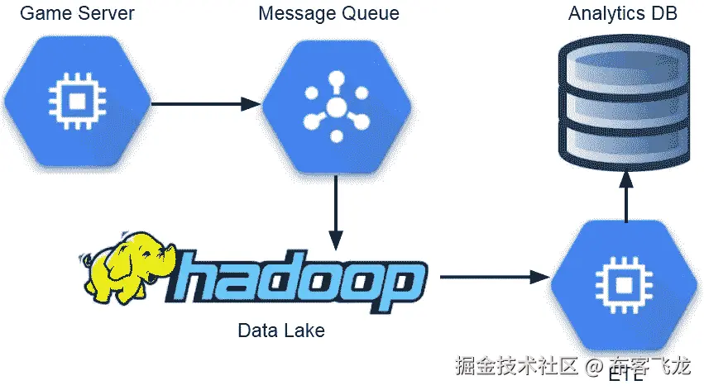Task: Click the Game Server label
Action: click(77, 14)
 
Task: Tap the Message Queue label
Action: click(328, 14)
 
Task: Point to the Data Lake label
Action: click(281, 331)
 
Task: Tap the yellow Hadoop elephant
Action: click(128, 269)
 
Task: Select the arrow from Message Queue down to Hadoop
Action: click(336, 211)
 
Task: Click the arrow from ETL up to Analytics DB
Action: click(626, 194)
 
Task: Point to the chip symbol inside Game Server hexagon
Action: click(77, 102)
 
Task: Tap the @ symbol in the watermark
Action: click(593, 366)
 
